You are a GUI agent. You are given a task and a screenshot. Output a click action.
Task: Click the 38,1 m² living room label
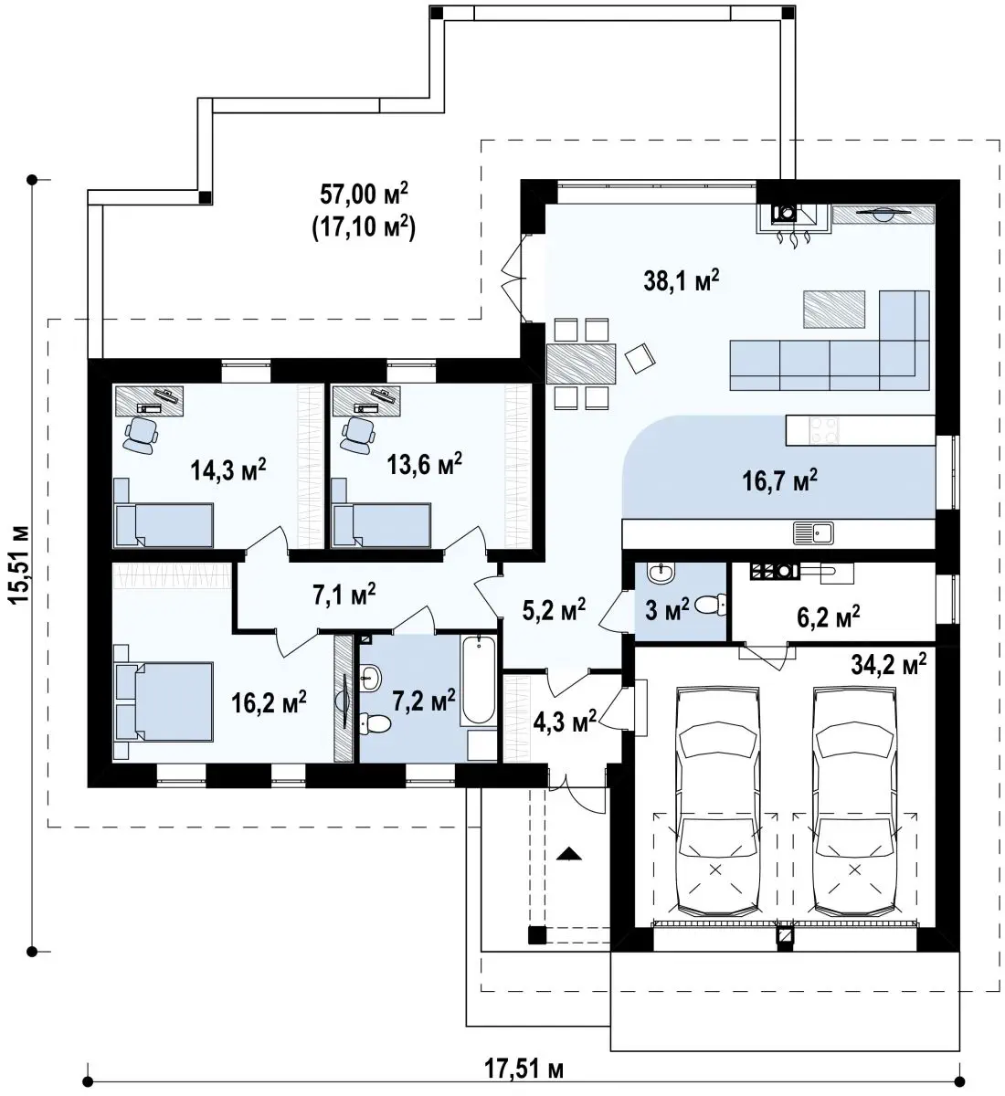pyautogui.click(x=681, y=280)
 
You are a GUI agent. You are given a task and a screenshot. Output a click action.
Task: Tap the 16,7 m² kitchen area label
pyautogui.click(x=779, y=480)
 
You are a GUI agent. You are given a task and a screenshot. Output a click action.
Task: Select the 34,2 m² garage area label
pyautogui.click(x=889, y=664)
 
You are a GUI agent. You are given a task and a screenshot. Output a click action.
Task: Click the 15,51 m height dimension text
pyautogui.click(x=20, y=565)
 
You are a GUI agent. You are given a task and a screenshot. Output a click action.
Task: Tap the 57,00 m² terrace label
pyautogui.click(x=364, y=194)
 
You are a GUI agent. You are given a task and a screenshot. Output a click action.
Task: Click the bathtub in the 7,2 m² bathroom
pyautogui.click(x=478, y=680)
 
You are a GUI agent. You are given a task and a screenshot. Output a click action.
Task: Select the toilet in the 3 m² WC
pyautogui.click(x=710, y=605)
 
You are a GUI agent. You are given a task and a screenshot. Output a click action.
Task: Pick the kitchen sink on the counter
pyautogui.click(x=814, y=532)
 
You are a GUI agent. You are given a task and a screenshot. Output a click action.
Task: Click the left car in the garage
pyautogui.click(x=718, y=802)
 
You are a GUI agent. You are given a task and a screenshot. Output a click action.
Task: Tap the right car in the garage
pyautogui.click(x=854, y=802)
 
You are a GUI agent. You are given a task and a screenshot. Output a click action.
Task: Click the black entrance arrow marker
pyautogui.click(x=568, y=854)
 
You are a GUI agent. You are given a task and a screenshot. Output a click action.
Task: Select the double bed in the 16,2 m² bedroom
pyautogui.click(x=164, y=702)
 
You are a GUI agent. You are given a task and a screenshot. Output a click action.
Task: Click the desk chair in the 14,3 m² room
pyautogui.click(x=141, y=435)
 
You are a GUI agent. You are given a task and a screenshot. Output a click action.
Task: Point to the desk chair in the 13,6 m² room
pyautogui.click(x=359, y=435)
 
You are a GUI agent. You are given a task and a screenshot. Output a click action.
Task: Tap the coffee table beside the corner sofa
pyautogui.click(x=834, y=310)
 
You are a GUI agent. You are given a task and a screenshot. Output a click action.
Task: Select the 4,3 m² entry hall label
pyautogui.click(x=566, y=722)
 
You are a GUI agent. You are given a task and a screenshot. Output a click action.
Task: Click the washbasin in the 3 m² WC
pyautogui.click(x=661, y=573)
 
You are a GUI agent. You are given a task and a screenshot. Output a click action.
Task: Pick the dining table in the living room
pyautogui.click(x=581, y=364)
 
